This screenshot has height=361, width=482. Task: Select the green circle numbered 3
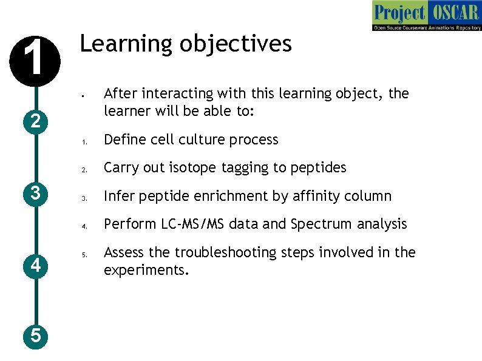pyautogui.click(x=36, y=194)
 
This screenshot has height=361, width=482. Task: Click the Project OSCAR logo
pyautogui.click(x=426, y=16)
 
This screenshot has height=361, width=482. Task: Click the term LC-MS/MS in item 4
pyautogui.click(x=195, y=224)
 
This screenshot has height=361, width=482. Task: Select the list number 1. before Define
pyautogui.click(x=86, y=141)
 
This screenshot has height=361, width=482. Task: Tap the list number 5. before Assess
pyautogui.click(x=86, y=254)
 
